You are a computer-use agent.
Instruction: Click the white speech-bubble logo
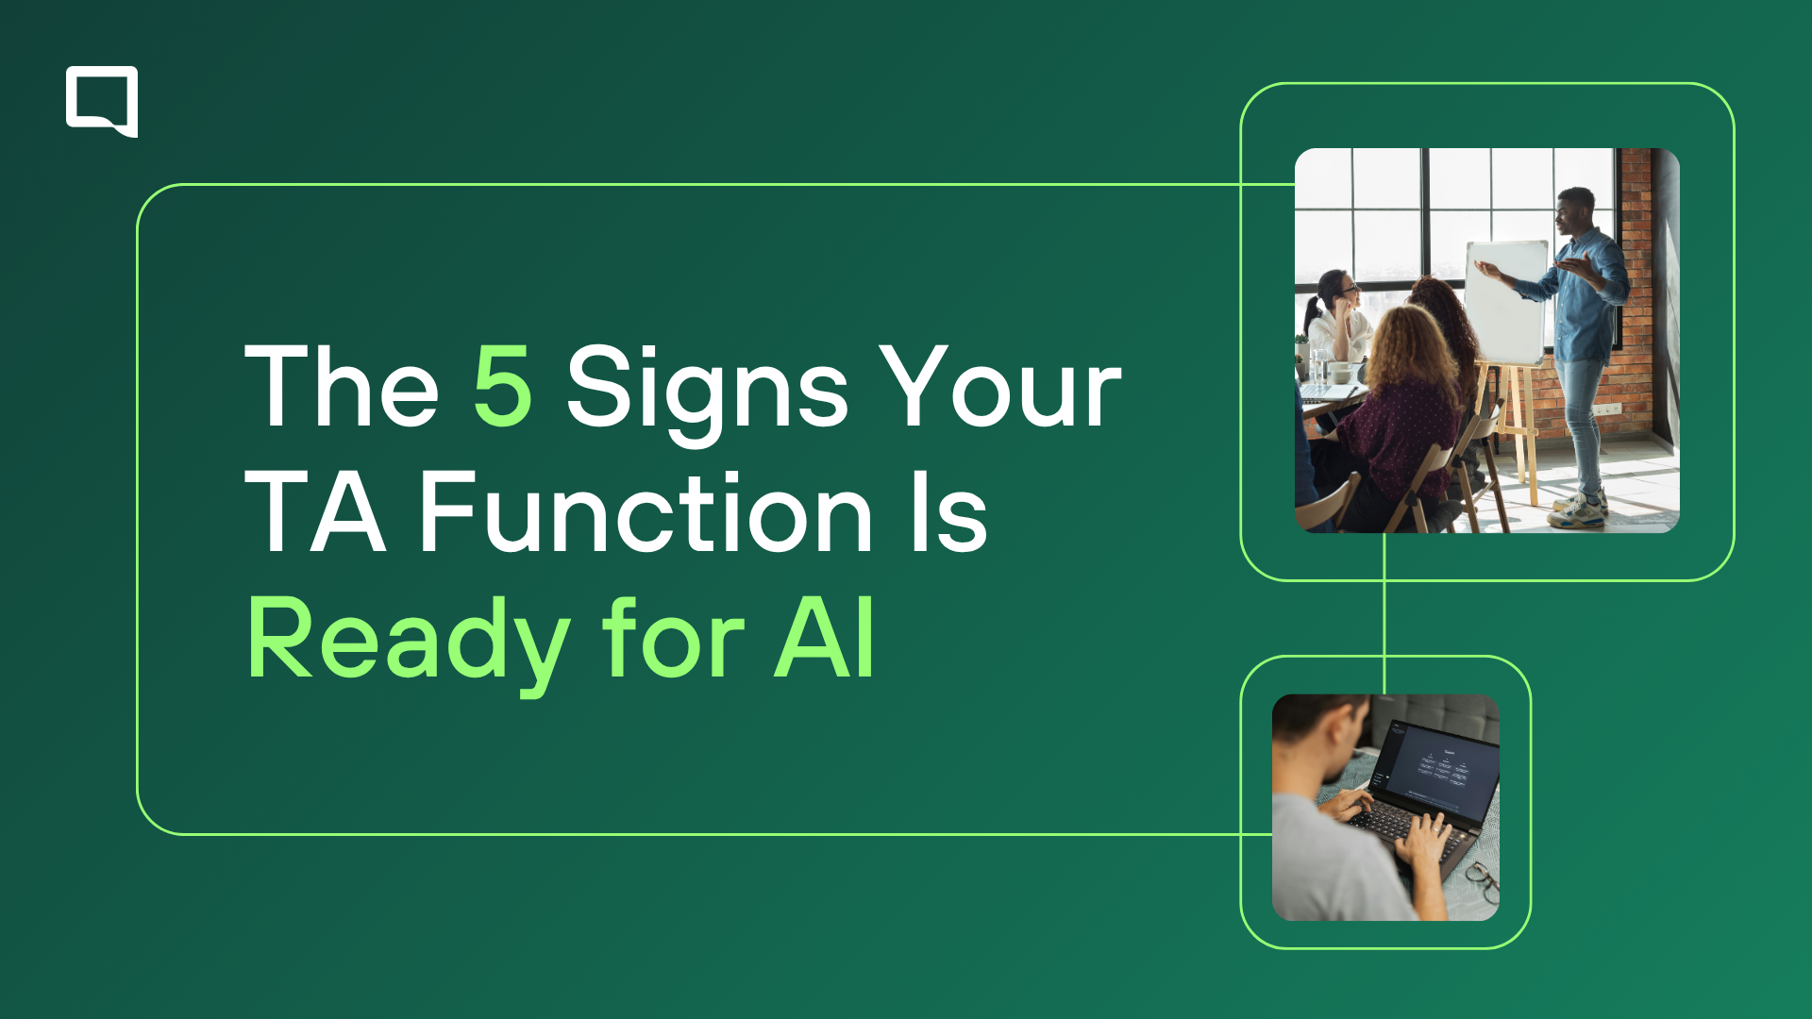pyautogui.click(x=102, y=101)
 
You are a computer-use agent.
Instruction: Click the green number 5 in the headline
pyautogui.click(x=502, y=385)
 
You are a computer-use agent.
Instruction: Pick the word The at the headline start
pyautogui.click(x=342, y=385)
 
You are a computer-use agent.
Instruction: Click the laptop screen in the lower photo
pyautogui.click(x=1439, y=769)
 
